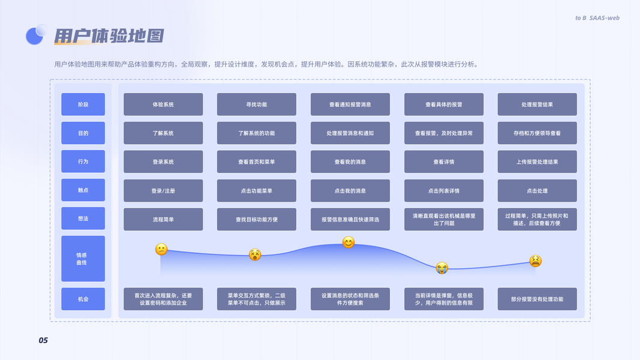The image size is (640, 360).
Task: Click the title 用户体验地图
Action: point(109,36)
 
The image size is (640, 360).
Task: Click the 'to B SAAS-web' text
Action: point(597,18)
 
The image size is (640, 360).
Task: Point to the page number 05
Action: point(43,340)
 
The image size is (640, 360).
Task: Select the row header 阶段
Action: point(83,104)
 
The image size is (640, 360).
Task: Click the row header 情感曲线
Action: point(83,259)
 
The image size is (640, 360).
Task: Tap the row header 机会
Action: point(83,299)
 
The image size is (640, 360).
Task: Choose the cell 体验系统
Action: point(163,104)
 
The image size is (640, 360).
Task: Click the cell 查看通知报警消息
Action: point(350,104)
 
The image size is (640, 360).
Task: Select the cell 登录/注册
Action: point(163,191)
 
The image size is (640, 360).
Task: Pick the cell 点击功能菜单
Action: point(256,191)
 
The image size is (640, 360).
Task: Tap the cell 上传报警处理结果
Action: point(537,161)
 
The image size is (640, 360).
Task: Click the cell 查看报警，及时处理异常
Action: point(444,133)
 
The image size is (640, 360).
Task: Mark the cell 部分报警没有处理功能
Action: point(537,299)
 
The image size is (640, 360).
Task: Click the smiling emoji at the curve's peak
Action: point(348,242)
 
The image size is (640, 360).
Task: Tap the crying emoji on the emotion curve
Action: point(441,268)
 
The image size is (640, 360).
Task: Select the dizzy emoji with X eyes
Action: point(255,254)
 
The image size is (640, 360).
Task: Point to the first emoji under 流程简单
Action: point(161,250)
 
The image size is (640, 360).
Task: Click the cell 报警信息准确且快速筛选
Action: point(350,220)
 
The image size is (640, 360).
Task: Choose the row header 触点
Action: point(83,190)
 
